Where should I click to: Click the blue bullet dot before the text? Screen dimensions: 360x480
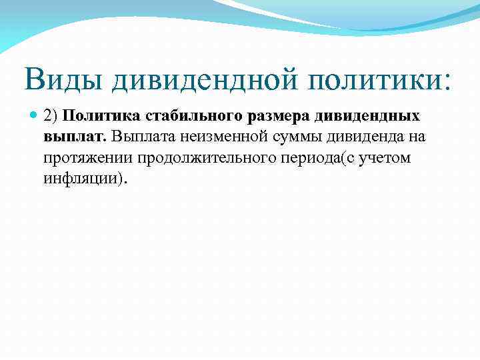click(35, 116)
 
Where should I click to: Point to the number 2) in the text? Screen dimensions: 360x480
click(53, 116)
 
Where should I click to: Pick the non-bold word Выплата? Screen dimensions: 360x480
click(143, 137)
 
